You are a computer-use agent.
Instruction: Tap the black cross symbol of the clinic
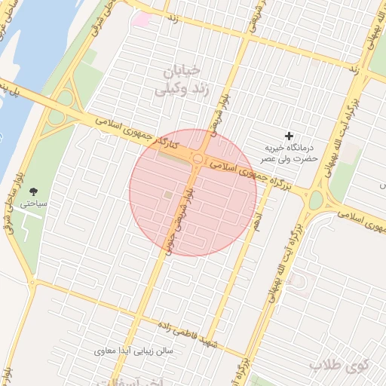[288, 135]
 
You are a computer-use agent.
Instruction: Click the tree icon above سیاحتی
[33, 191]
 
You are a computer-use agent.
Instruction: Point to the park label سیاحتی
[33, 204]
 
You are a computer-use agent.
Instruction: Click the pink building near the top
[141, 18]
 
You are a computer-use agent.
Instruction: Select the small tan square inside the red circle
[167, 196]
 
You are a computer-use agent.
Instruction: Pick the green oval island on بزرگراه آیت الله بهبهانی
[315, 200]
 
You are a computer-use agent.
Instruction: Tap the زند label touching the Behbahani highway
[353, 68]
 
